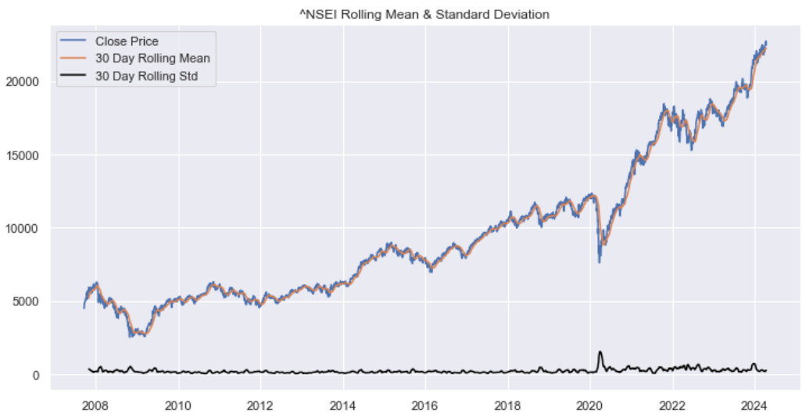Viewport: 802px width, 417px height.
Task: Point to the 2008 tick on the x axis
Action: click(x=95, y=406)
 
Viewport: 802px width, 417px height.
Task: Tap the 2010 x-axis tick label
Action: click(x=178, y=406)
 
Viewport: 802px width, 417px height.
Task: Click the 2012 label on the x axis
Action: click(x=260, y=406)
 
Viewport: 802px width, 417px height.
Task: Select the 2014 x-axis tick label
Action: click(x=342, y=406)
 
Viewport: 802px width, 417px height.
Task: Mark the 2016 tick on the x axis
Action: click(x=425, y=406)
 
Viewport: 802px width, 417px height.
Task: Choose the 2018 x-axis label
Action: click(x=507, y=406)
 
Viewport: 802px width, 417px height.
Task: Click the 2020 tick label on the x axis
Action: click(x=589, y=406)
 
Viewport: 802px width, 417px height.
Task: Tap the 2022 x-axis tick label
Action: click(x=672, y=406)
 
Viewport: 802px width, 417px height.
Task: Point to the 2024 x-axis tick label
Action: click(x=754, y=406)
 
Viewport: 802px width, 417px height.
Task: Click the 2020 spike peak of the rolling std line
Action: click(x=600, y=352)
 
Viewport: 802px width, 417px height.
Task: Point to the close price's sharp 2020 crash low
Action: click(x=600, y=262)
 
